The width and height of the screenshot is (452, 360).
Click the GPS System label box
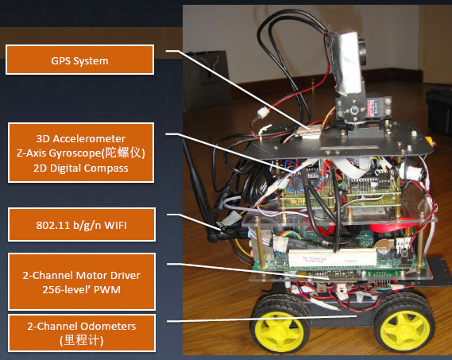point(80,60)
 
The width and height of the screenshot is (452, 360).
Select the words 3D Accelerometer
point(81,139)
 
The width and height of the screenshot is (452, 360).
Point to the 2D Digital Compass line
point(81,168)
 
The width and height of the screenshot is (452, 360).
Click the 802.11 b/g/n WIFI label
point(82,224)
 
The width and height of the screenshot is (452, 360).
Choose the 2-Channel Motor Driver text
point(82,275)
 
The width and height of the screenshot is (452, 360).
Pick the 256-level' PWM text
point(81,289)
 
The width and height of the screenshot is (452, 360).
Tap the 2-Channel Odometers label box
point(82,333)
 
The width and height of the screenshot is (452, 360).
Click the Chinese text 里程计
point(82,340)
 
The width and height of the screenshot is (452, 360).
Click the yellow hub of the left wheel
point(279,329)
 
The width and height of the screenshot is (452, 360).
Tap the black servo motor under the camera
point(363,109)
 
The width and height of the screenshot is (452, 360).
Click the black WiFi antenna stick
point(202,188)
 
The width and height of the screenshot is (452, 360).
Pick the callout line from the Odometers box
point(261,319)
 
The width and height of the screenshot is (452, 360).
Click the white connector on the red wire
point(263,112)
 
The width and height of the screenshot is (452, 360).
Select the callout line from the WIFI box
point(197,222)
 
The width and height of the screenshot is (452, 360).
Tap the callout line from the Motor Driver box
point(248,271)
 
